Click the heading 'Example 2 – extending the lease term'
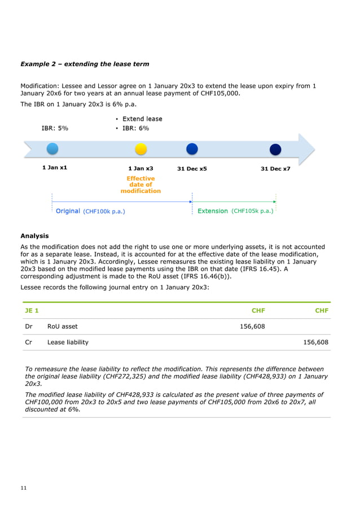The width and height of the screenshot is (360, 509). click(x=85, y=64)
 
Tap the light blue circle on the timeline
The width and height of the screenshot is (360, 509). click(x=52, y=149)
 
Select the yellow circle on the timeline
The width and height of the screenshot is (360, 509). click(x=141, y=149)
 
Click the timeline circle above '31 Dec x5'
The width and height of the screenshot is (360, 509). click(x=192, y=149)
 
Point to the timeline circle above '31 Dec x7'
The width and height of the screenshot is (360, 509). click(x=275, y=150)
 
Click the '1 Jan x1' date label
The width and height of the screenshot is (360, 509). click(x=54, y=168)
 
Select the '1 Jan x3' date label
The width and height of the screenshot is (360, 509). click(x=141, y=169)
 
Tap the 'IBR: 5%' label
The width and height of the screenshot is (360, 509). click(x=55, y=128)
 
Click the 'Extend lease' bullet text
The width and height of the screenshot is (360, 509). click(x=142, y=119)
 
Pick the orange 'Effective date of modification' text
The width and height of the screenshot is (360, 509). click(x=141, y=185)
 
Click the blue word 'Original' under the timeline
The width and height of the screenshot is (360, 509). click(x=68, y=211)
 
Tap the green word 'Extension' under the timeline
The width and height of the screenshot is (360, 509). click(x=213, y=211)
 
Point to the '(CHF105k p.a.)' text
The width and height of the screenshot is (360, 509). click(x=252, y=211)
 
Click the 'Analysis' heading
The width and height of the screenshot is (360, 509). click(x=34, y=236)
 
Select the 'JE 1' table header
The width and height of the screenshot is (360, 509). click(x=32, y=310)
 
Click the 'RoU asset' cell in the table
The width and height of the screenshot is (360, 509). click(x=62, y=326)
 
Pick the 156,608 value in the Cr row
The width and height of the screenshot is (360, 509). click(x=315, y=342)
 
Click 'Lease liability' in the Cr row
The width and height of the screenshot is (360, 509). click(x=68, y=342)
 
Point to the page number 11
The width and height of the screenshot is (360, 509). click(x=23, y=488)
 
